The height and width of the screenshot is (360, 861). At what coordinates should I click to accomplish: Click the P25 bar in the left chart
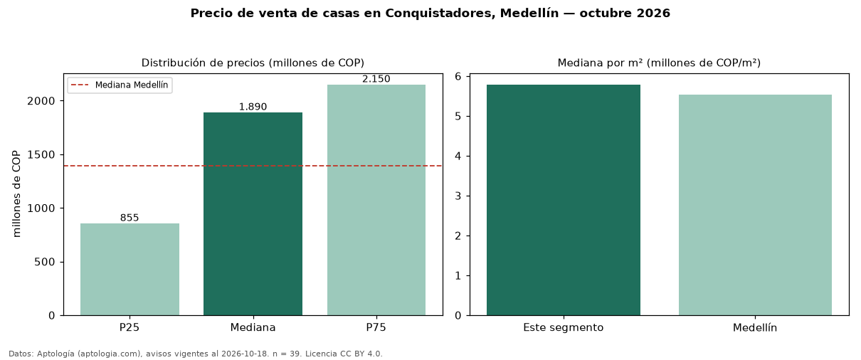(x=130, y=270)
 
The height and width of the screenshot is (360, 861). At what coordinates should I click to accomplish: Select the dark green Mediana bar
(x=253, y=214)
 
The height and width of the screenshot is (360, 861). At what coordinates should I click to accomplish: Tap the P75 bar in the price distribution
(x=376, y=200)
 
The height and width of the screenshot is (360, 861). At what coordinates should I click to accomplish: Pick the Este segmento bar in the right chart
(x=564, y=200)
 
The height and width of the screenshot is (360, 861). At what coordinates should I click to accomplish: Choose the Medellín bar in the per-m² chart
(x=755, y=205)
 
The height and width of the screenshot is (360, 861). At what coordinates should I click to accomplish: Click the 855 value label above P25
(x=130, y=218)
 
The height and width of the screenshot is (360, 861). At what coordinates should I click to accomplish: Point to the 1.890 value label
(x=253, y=107)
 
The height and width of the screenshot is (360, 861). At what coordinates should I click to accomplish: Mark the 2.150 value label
(x=376, y=79)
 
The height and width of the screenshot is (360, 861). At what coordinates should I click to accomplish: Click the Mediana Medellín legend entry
(x=120, y=85)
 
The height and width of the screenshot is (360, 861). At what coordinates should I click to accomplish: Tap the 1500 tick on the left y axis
(x=41, y=155)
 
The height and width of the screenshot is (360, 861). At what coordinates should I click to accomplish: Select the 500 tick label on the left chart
(x=45, y=262)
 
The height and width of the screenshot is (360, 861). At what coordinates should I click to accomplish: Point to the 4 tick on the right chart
(x=458, y=157)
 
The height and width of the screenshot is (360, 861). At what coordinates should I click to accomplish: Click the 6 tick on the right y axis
(x=458, y=77)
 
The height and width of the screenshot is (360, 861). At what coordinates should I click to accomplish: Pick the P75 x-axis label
(x=376, y=327)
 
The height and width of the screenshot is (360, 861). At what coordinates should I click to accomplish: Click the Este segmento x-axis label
(x=564, y=328)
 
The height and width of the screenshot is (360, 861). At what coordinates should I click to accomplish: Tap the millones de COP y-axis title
(x=16, y=194)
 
